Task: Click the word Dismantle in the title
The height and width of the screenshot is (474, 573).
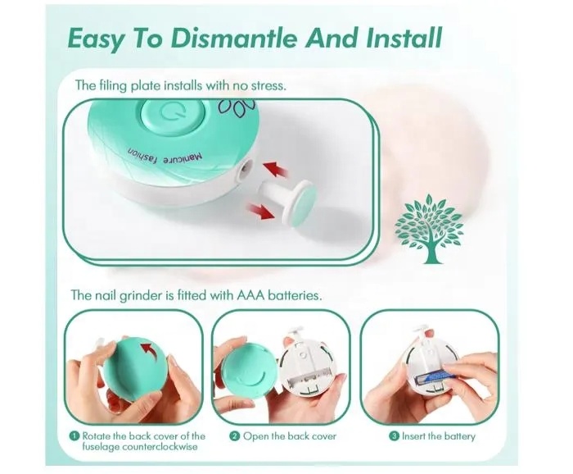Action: (235, 38)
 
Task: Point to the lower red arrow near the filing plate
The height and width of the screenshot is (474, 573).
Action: (260, 211)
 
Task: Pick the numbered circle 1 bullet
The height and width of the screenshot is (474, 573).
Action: (74, 435)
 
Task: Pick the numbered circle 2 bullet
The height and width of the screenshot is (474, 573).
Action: (234, 436)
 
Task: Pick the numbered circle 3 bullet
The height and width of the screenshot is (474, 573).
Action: (394, 436)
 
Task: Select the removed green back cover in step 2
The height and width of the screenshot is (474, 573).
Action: (249, 369)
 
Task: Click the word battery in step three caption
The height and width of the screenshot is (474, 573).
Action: (460, 436)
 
